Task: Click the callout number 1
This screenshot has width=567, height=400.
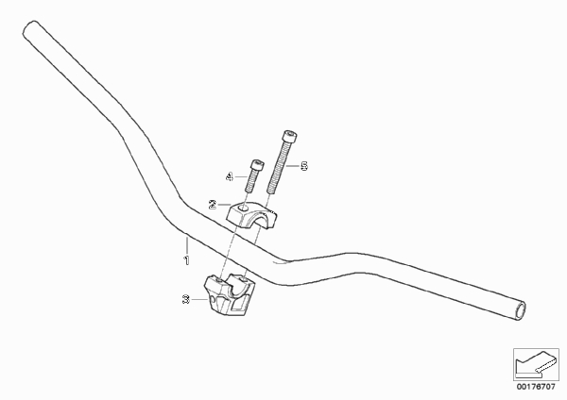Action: [x=186, y=260]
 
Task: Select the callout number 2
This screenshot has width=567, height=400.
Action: [x=213, y=205]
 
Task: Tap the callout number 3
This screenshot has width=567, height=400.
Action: [x=186, y=299]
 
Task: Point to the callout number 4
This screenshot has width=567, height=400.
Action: [x=230, y=177]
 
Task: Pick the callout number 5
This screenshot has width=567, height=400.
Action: [x=304, y=166]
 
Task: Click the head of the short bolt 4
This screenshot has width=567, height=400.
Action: [x=257, y=165]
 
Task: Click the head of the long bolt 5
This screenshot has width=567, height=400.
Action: [x=290, y=137]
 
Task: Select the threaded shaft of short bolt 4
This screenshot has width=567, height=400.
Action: [x=251, y=181]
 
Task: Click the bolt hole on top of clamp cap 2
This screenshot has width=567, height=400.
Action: [x=245, y=208]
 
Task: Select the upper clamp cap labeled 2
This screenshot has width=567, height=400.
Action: [x=251, y=215]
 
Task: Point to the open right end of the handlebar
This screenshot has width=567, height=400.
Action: [x=521, y=310]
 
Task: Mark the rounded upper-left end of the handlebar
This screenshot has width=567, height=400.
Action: [x=31, y=28]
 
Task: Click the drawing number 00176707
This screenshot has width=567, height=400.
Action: [x=536, y=387]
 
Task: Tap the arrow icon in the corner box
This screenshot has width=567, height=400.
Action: [x=536, y=363]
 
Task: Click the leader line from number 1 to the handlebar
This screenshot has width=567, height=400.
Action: [x=186, y=244]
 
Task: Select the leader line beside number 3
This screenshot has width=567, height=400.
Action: [x=198, y=299]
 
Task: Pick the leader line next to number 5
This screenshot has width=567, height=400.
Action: [x=293, y=166]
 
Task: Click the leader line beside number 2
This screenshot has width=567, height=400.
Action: [x=224, y=205]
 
